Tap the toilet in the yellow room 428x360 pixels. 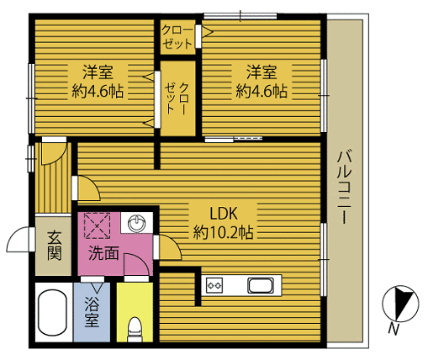point(135,329)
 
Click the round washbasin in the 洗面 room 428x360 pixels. point(136,224)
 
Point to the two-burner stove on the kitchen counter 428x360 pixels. point(214,285)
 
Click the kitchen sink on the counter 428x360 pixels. point(261,286)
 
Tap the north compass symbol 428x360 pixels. point(400,303)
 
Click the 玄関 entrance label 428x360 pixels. point(55,246)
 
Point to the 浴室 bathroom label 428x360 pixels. point(92,312)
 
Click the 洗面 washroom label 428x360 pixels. point(103,253)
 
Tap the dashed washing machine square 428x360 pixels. point(98,225)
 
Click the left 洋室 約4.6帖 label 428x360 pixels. point(98,82)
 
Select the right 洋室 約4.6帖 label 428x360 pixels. point(262,82)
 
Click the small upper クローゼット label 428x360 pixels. point(177,37)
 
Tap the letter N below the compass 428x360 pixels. point(394,329)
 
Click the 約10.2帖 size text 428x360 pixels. point(224,233)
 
